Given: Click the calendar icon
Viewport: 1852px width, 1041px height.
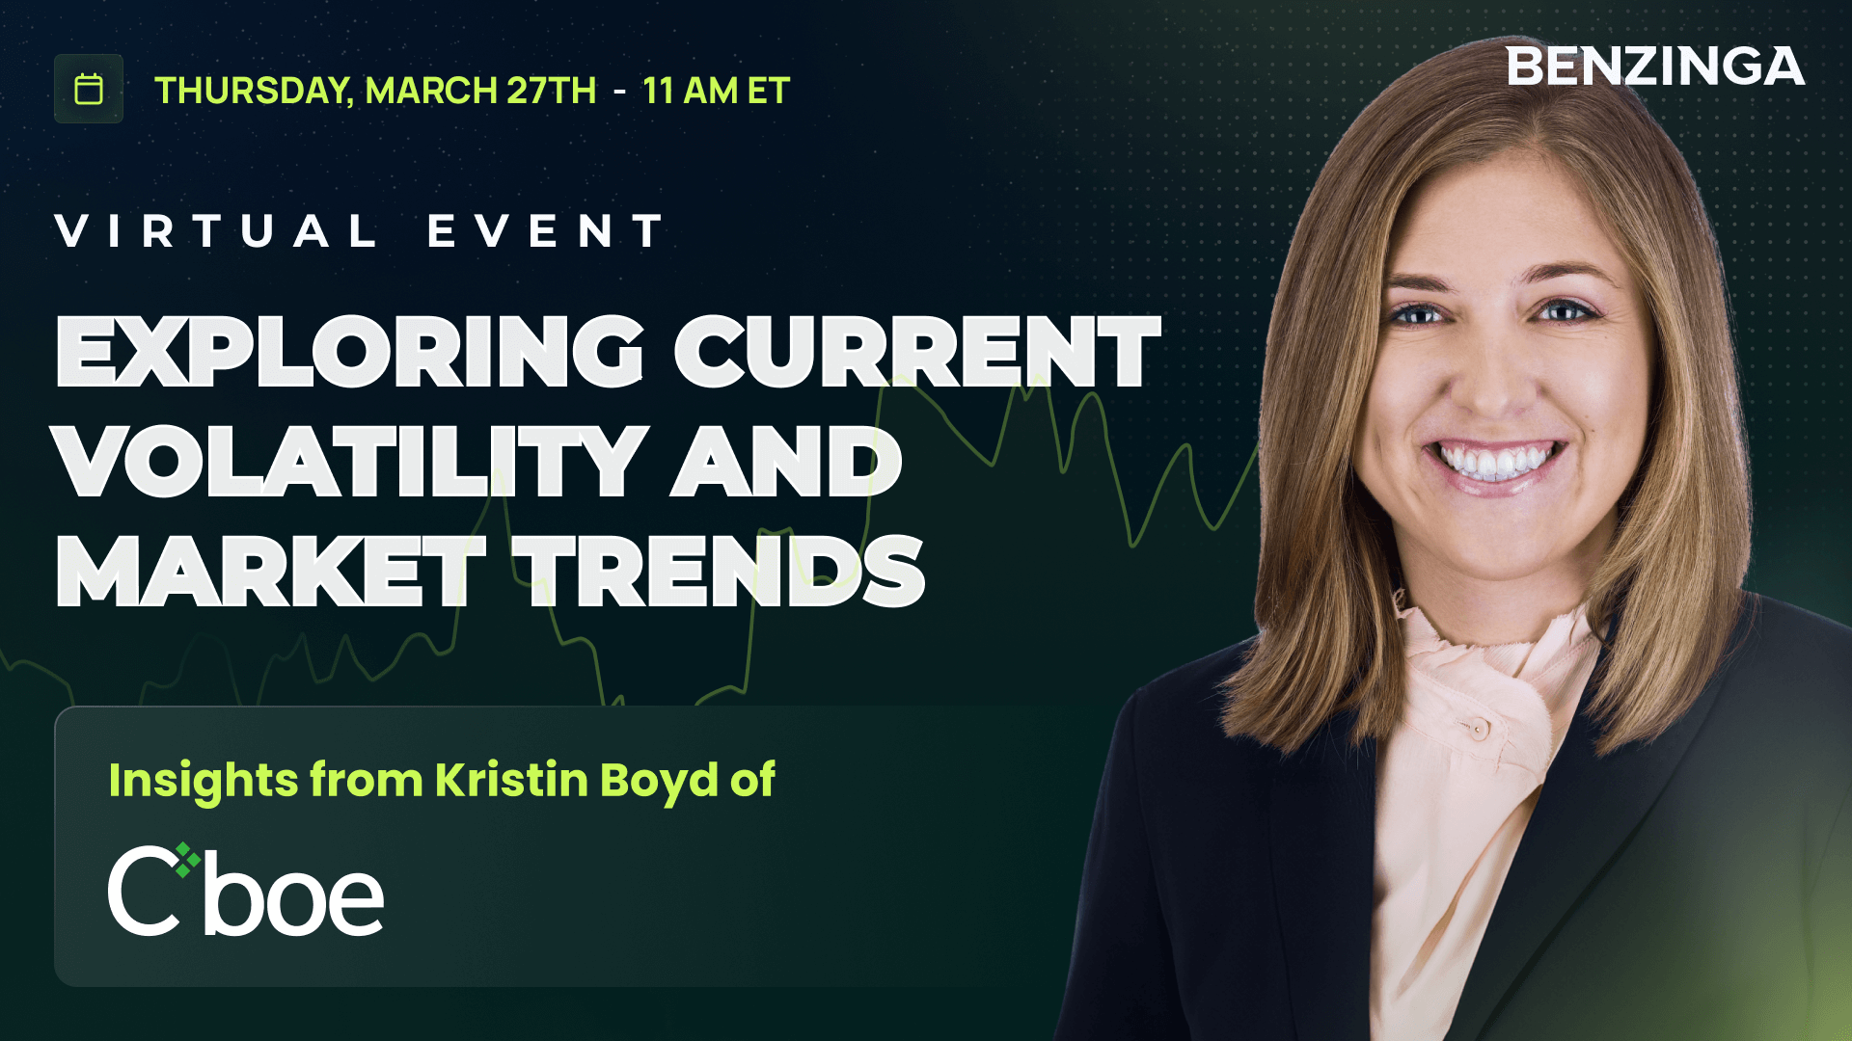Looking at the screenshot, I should point(89,89).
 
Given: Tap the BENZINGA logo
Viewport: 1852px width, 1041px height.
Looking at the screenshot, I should point(1654,67).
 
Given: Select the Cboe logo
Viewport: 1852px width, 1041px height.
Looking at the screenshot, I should point(246,891).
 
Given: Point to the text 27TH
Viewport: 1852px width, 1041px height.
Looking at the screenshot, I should point(552,91).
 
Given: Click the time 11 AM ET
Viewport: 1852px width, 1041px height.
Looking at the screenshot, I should point(716,91).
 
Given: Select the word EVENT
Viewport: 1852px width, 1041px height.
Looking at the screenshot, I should point(546,231).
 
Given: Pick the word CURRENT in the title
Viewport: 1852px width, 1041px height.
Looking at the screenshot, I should point(916,352).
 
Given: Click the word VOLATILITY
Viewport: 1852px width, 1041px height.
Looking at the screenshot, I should point(349,463).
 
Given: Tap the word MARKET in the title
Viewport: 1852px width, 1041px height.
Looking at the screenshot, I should point(270,573).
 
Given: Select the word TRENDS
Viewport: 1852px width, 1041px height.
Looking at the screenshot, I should point(719,573).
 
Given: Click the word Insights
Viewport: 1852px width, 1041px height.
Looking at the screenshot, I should point(203,780).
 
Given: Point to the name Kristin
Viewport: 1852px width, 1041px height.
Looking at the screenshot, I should point(511,780).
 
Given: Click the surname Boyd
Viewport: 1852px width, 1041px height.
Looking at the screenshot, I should point(658,780).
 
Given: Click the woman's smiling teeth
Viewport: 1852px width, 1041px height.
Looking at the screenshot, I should point(1495,461).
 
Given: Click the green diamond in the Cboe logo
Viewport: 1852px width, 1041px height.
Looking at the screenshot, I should point(187,858).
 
